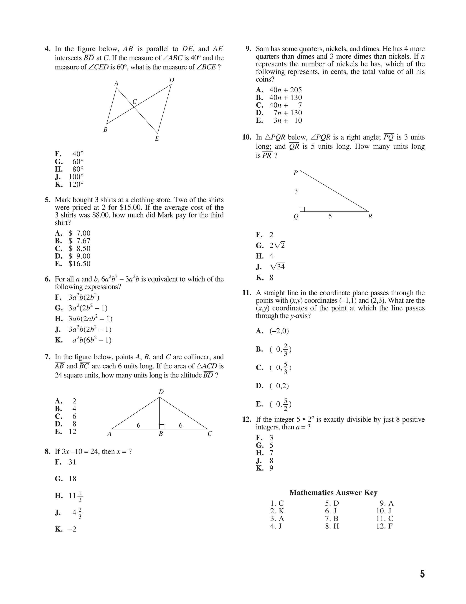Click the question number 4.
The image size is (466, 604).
pos(47,49)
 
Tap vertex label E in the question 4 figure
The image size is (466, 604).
pos(157,139)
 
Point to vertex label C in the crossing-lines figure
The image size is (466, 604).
pos(135,102)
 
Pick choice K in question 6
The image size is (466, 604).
pos(83,340)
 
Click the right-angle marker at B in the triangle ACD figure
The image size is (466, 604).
pos(162,427)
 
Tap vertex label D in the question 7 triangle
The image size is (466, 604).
pos(161,392)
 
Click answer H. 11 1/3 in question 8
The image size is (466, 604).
pos(68,496)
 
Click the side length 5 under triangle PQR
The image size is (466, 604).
pos(330,216)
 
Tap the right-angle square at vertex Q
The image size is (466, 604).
pos(302,209)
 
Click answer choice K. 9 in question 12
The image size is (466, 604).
pos(264,468)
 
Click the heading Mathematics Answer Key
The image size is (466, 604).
pos(333,493)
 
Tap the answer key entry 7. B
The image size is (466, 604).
pos(332,518)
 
